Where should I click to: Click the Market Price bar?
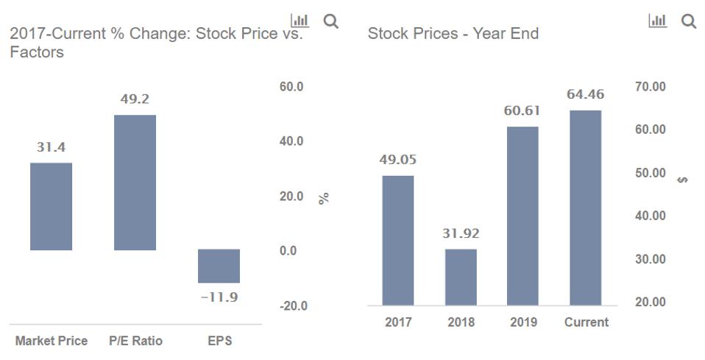tap(51, 206)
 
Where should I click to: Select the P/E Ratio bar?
tap(135, 183)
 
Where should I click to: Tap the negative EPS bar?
tap(219, 266)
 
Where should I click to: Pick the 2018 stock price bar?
tap(461, 277)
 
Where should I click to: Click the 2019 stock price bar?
tap(522, 216)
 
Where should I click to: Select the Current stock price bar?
tap(585, 208)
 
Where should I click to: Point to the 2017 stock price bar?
tap(398, 240)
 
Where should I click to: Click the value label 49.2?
tap(135, 99)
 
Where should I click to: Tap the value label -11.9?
tap(219, 297)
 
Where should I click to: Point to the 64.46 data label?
tap(585, 94)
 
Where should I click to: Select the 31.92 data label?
tap(461, 234)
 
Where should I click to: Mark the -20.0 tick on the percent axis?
tap(293, 306)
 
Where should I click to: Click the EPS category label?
tap(219, 341)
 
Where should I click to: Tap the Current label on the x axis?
tap(586, 322)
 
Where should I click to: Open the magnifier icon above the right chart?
tap(689, 21)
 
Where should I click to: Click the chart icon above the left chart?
tap(300, 21)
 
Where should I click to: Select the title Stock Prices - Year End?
tap(453, 34)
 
